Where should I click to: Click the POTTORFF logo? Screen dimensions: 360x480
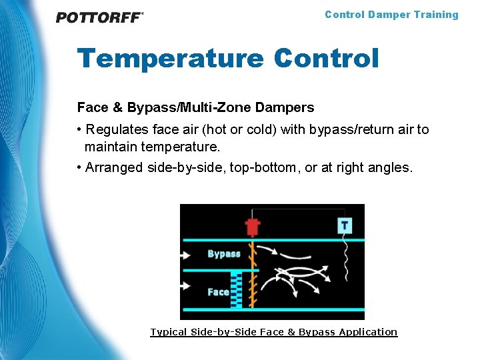pyautogui.click(x=99, y=17)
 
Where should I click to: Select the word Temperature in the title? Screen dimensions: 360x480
pyautogui.click(x=170, y=58)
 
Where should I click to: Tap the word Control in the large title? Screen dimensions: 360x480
pyautogui.click(x=326, y=58)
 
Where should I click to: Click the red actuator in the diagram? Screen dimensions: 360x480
pyautogui.click(x=252, y=227)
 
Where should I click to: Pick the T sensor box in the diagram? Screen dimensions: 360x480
pyautogui.click(x=344, y=225)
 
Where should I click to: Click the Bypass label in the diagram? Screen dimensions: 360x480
pyautogui.click(x=223, y=254)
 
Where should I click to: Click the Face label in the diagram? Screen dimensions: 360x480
pyautogui.click(x=218, y=292)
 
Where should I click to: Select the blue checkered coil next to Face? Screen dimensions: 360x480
pyautogui.click(x=235, y=289)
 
